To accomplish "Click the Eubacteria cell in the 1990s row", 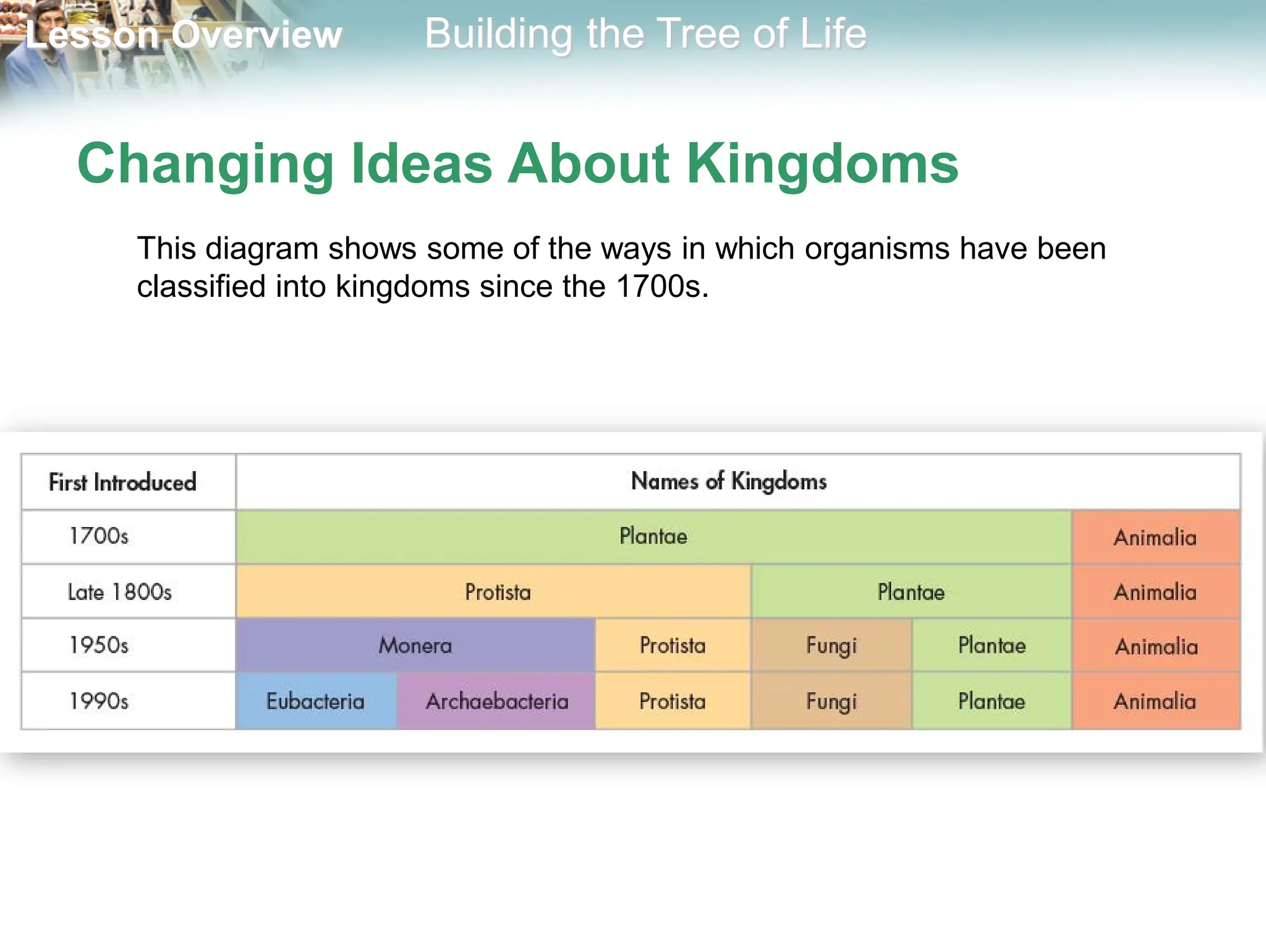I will coord(315,701).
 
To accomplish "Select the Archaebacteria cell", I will coord(496,701).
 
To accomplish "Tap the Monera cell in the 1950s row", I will coord(415,646).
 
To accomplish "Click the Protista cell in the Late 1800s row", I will coord(498,592).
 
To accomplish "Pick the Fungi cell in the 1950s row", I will coord(831,646).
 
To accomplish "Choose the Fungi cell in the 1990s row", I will coord(831,701).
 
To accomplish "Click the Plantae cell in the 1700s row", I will coord(653,536).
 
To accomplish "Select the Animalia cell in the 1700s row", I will coord(1155,537).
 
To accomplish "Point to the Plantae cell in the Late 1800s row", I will coord(911,592).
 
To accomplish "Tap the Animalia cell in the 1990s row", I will coord(1155,701).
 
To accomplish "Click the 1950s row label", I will coord(99,646).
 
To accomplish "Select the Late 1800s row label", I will coord(119,592).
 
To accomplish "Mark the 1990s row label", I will coord(99,701).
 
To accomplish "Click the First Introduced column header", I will coord(122,482).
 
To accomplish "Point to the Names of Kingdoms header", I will coord(728,481).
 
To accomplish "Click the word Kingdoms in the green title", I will coord(822,165).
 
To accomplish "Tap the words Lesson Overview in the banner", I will coord(184,35).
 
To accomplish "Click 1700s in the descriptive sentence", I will coord(661,286).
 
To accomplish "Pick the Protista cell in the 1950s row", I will coord(672,646).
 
